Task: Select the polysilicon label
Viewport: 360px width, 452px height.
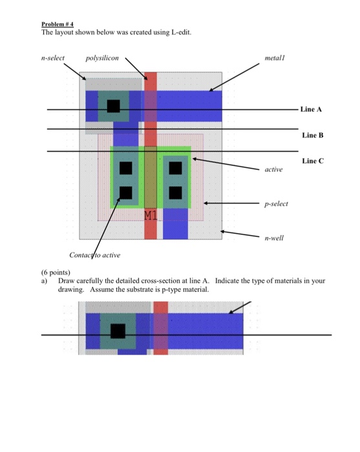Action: pos(102,58)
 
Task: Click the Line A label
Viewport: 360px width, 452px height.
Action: pos(311,109)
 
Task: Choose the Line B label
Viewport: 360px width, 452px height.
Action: pos(312,135)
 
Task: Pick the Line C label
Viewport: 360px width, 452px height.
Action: pos(312,160)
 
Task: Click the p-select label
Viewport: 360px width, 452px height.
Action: pos(276,203)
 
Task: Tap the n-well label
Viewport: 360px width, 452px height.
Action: pos(274,238)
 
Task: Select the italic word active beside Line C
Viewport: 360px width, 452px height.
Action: pos(273,169)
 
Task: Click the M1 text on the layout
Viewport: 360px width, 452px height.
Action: pos(151,214)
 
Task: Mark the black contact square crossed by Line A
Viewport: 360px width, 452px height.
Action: pos(114,106)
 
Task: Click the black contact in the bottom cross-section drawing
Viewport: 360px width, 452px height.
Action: pos(118,331)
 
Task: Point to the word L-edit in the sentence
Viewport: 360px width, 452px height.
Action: pos(177,32)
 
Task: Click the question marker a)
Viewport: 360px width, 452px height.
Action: pos(45,282)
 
